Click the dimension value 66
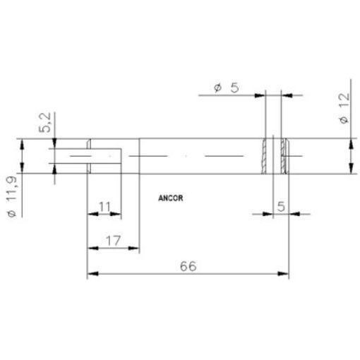[187, 266]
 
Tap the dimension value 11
[104, 207]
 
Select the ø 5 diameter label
[227, 88]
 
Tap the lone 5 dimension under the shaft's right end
[280, 207]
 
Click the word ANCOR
[171, 198]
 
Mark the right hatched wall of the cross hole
[284, 156]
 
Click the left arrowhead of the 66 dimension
[91, 273]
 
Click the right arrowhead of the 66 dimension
[287, 273]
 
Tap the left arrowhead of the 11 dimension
[91, 214]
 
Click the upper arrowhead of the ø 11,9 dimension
[23, 142]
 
